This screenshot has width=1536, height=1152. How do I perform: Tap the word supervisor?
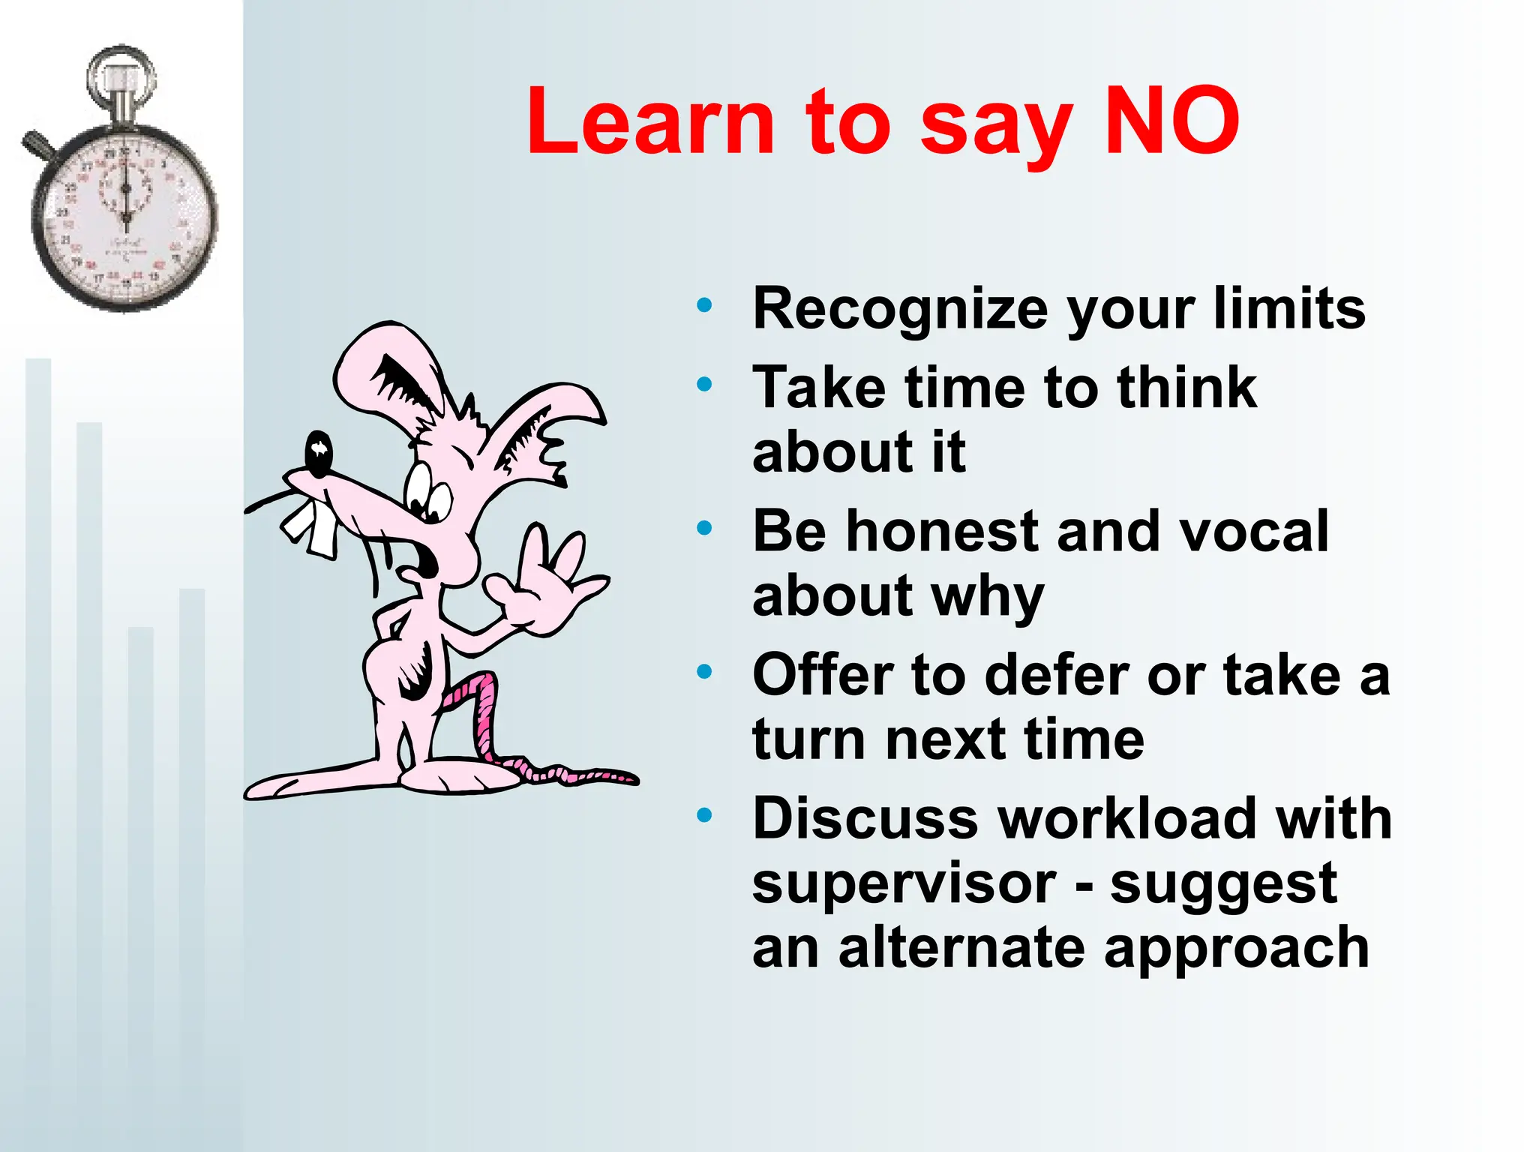click(904, 885)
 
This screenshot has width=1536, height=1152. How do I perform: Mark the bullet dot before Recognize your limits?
click(704, 305)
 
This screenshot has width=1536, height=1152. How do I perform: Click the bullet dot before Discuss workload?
click(704, 815)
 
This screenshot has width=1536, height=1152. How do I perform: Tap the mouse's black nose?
click(319, 453)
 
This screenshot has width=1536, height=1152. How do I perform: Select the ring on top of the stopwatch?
click(121, 75)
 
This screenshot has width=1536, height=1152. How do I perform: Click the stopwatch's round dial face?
click(124, 218)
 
